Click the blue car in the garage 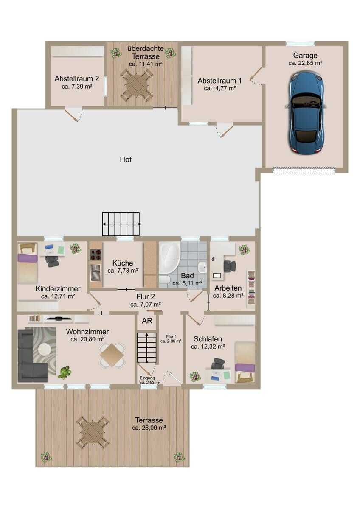(x=305, y=113)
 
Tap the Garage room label (x=305, y=56)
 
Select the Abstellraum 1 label (x=219, y=81)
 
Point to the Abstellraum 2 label (x=77, y=79)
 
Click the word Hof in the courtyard (x=126, y=159)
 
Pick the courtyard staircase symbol (x=121, y=224)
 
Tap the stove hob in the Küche (x=96, y=255)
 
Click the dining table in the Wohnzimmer (x=112, y=355)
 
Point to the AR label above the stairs (x=147, y=321)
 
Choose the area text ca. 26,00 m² (x=149, y=428)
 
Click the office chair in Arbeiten (x=230, y=266)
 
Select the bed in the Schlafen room (x=245, y=362)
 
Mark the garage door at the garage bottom (x=304, y=171)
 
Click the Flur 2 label (x=146, y=296)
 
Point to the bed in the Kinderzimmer (x=28, y=263)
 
